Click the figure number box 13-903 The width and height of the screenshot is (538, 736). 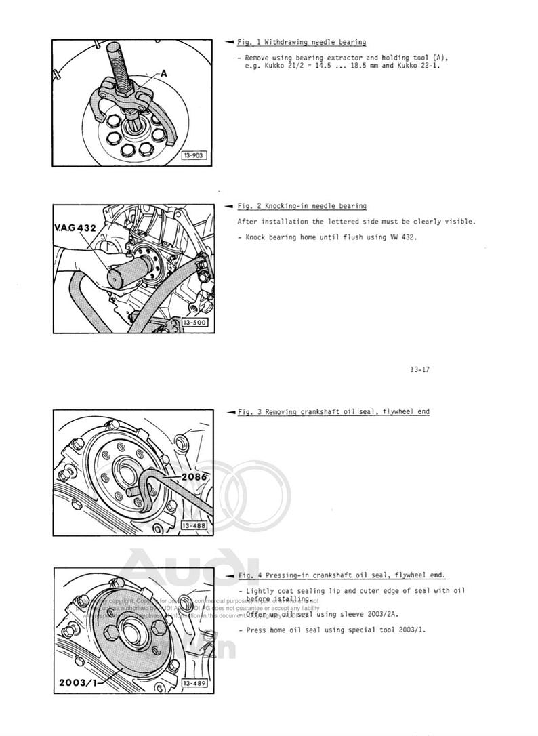pyautogui.click(x=192, y=156)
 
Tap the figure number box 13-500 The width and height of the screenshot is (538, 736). pyautogui.click(x=194, y=323)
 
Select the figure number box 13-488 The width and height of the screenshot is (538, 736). pyautogui.click(x=194, y=525)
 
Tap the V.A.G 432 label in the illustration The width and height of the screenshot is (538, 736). pyautogui.click(x=76, y=228)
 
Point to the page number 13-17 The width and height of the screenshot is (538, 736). pyautogui.click(x=420, y=369)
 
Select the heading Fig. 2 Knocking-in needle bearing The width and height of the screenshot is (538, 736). pyautogui.click(x=302, y=206)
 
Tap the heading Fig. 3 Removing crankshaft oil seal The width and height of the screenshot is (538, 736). pyautogui.click(x=333, y=411)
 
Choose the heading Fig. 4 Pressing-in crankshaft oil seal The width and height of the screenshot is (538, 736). pyautogui.click(x=342, y=575)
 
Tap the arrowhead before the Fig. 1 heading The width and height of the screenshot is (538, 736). pyautogui.click(x=230, y=42)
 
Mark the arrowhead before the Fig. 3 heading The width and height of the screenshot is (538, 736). pyautogui.click(x=230, y=411)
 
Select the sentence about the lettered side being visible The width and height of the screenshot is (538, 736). pyautogui.click(x=356, y=222)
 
